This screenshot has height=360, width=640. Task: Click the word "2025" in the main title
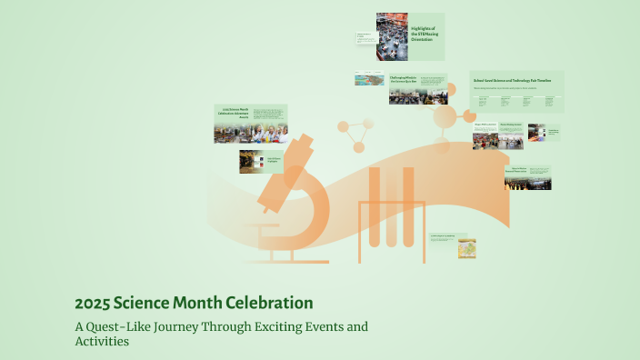[x=93, y=303]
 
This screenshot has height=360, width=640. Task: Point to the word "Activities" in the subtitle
[x=102, y=342]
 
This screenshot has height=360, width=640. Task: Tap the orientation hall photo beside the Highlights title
[x=392, y=36]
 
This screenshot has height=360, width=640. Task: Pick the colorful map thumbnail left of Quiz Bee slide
[x=369, y=79]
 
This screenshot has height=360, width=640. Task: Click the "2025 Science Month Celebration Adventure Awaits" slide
[x=251, y=124]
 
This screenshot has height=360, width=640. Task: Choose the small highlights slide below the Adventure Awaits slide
[x=263, y=162]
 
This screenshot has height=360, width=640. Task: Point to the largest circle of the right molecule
[x=445, y=116]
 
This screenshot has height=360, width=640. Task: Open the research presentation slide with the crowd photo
[x=528, y=177]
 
